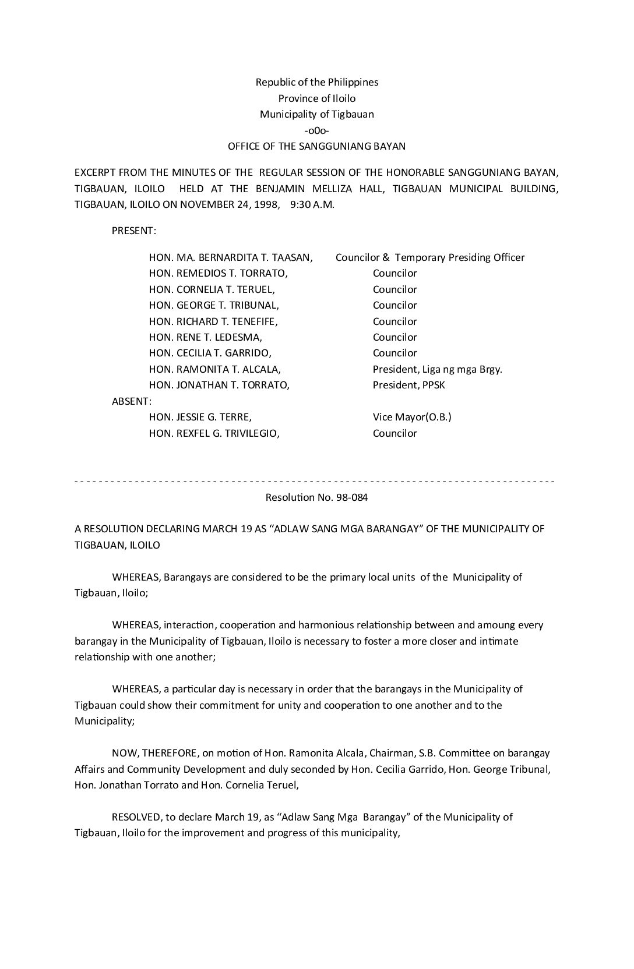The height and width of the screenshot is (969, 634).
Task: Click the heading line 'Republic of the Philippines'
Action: (x=316, y=82)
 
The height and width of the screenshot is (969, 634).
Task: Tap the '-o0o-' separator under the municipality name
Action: (x=316, y=130)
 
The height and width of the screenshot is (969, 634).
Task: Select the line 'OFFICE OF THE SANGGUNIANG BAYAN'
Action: (x=316, y=146)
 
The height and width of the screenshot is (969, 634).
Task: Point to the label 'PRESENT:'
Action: (x=133, y=231)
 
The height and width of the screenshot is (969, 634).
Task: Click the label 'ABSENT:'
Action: (x=132, y=401)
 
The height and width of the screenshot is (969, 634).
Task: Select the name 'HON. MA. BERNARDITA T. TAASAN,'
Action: (x=231, y=257)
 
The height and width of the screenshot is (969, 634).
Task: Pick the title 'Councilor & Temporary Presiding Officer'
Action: (x=430, y=257)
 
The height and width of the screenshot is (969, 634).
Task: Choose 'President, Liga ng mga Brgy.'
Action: (x=437, y=369)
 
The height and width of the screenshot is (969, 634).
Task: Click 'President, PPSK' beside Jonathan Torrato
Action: (x=408, y=385)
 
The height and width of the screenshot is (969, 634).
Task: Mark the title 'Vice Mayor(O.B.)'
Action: (x=412, y=417)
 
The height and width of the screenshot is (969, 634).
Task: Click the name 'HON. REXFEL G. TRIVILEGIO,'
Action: (x=214, y=433)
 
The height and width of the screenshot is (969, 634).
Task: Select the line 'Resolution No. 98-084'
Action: (x=316, y=497)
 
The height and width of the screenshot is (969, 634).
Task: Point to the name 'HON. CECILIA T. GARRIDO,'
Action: (x=210, y=353)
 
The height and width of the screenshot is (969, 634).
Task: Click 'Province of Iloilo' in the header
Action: (x=316, y=98)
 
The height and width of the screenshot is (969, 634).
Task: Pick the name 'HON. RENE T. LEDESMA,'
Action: (x=205, y=337)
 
